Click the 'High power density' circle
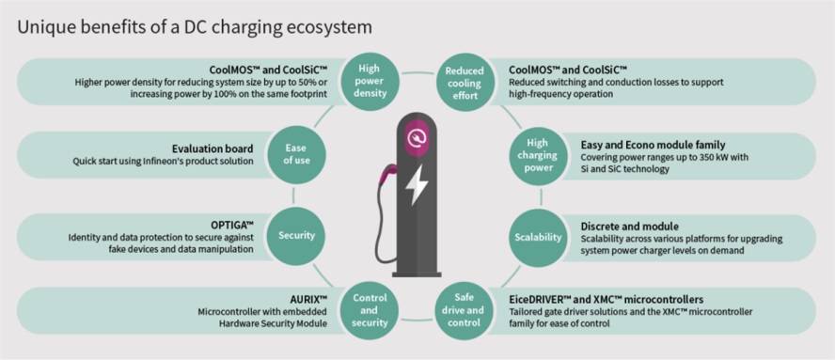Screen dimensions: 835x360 click(369, 82)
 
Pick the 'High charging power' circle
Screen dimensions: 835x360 click(541, 155)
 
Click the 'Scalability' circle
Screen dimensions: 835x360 click(541, 238)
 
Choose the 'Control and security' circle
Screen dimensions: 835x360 click(369, 310)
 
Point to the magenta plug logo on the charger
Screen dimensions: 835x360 click(417, 138)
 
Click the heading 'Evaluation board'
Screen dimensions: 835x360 click(213, 149)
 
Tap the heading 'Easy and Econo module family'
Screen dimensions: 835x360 click(653, 145)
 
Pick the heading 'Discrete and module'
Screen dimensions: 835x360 click(629, 227)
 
